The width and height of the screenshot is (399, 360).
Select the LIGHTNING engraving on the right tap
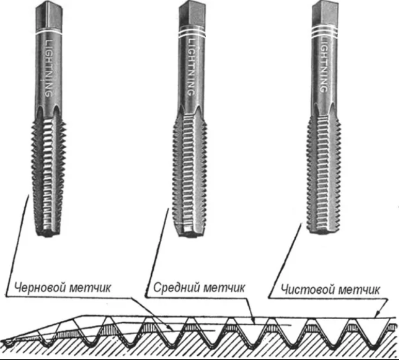click(325, 67)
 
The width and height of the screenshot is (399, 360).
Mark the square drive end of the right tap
click(325, 12)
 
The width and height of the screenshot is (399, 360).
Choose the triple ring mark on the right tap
click(325, 32)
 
